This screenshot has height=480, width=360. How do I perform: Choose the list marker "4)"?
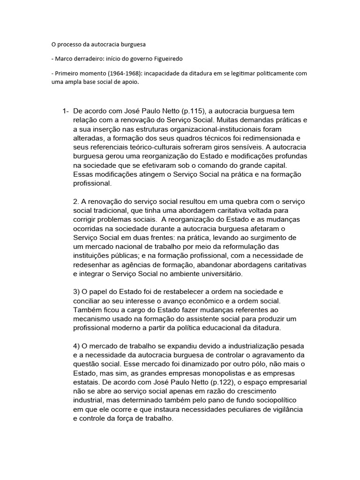coord(77,345)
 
